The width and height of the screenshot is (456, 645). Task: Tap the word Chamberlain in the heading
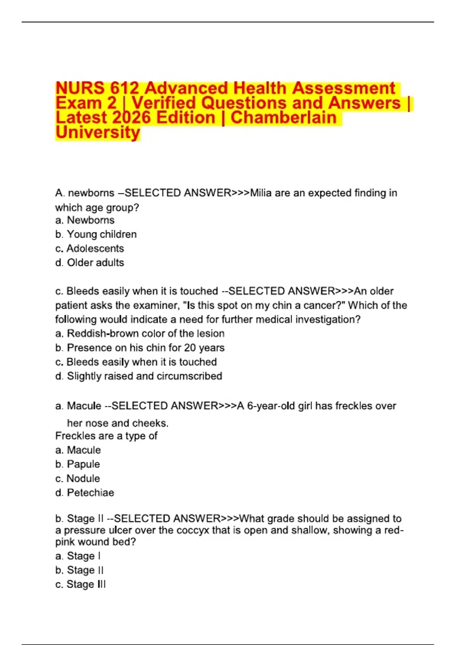point(283,118)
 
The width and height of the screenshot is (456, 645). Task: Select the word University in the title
point(98,132)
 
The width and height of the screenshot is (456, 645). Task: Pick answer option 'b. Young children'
point(96,234)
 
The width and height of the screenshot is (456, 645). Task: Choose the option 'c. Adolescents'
point(90,249)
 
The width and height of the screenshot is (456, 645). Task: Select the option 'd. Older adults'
point(90,263)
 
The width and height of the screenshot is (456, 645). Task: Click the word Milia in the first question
point(261,193)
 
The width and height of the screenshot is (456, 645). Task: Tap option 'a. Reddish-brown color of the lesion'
point(140,334)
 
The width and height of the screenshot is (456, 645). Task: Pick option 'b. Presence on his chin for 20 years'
point(140,348)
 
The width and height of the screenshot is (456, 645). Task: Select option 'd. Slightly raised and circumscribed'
point(139,376)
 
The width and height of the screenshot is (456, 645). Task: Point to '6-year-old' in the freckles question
point(271,406)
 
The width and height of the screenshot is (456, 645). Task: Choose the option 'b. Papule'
point(78,464)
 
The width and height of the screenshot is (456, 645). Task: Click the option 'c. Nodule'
point(78,479)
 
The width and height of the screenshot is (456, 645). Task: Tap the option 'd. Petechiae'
point(84,493)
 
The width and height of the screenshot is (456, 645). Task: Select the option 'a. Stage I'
point(78,556)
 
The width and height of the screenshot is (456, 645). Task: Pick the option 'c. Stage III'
point(81,585)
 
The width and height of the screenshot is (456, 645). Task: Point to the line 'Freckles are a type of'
point(106,436)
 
